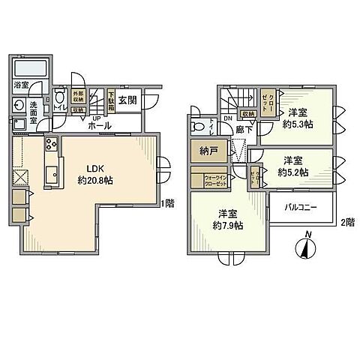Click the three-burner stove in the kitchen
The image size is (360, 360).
52,145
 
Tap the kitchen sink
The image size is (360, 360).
52,176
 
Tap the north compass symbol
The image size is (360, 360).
306,248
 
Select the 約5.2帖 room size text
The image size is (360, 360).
292,172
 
